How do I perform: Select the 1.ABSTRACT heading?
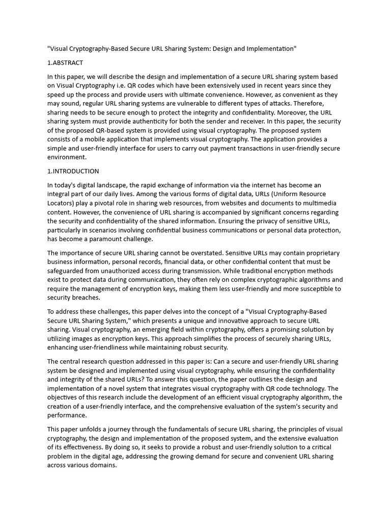tap(65, 63)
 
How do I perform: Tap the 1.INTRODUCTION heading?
tap(73, 171)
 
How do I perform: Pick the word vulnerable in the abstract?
tap(198, 104)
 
